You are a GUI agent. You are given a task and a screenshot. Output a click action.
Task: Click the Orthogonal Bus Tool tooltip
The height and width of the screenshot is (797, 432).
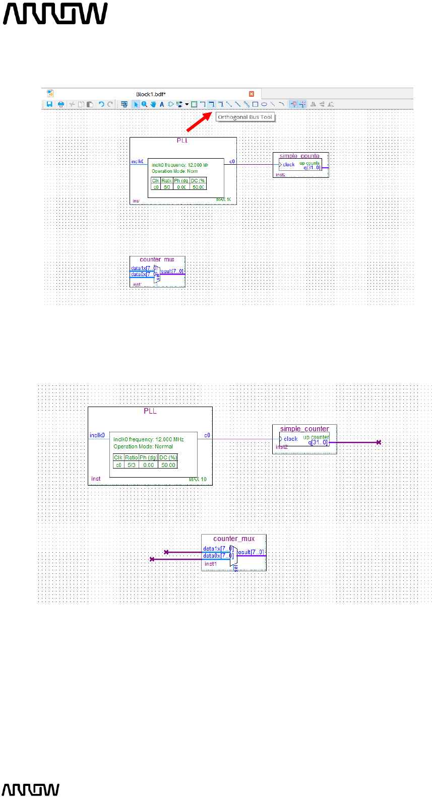(x=245, y=117)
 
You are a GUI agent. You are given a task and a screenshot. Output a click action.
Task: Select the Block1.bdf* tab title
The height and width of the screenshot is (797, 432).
(x=151, y=94)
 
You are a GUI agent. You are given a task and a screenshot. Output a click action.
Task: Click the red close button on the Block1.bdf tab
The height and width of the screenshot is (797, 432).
(x=252, y=94)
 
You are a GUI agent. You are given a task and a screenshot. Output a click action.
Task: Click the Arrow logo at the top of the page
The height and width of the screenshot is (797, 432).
(x=55, y=14)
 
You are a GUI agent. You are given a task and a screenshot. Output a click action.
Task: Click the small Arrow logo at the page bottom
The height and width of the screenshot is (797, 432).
(x=31, y=789)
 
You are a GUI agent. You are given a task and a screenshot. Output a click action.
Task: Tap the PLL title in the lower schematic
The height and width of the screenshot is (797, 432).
(x=150, y=411)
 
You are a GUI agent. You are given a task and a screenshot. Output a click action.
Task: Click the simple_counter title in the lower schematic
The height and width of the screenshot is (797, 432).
(x=304, y=429)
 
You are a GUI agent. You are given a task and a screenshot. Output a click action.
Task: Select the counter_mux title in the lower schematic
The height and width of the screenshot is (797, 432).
(x=234, y=539)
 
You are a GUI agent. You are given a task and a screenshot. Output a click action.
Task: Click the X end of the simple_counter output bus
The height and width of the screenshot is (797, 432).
(x=379, y=442)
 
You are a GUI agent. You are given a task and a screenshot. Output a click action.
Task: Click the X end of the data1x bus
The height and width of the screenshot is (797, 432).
(x=166, y=552)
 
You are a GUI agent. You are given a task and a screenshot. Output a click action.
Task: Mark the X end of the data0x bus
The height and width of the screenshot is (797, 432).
(x=152, y=559)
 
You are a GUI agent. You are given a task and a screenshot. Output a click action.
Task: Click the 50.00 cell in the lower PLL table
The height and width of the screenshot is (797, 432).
(x=168, y=465)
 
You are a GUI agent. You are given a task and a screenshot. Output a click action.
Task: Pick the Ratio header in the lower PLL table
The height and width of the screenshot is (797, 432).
(x=131, y=457)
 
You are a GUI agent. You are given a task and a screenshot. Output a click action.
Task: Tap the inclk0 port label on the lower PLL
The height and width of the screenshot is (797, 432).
(x=97, y=435)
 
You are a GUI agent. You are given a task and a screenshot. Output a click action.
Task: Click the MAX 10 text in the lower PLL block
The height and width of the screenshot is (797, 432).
(x=198, y=479)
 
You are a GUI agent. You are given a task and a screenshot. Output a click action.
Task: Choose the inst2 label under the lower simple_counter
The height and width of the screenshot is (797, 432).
(x=281, y=447)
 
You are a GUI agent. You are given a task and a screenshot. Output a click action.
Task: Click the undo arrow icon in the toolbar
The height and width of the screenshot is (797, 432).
(x=101, y=104)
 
